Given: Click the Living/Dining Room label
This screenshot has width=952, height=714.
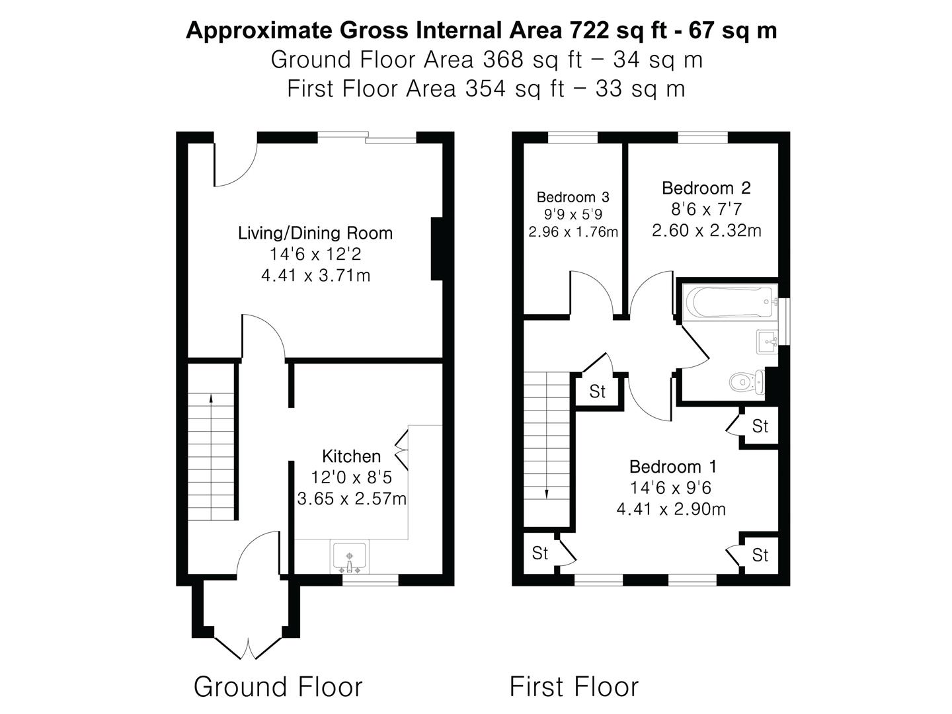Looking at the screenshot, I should [x=315, y=233].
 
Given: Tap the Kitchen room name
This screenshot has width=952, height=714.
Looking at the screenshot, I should [x=351, y=456].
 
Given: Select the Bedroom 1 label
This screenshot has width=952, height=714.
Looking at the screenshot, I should [x=673, y=467].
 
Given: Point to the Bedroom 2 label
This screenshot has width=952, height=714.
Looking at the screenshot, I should [x=706, y=188].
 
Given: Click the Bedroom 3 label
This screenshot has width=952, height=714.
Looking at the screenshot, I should [x=573, y=197].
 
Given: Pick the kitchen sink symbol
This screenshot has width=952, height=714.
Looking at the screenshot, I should [x=350, y=557].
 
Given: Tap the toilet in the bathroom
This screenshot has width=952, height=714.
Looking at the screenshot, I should [x=746, y=381].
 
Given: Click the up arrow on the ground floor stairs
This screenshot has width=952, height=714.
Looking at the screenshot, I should [x=211, y=399].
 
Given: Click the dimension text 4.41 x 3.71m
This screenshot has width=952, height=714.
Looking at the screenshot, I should [x=315, y=276].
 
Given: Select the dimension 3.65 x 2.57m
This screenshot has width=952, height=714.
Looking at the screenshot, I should [x=352, y=499].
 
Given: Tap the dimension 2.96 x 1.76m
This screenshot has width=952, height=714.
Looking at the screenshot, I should [x=573, y=232].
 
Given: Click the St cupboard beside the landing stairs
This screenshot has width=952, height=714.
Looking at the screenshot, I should [x=598, y=391].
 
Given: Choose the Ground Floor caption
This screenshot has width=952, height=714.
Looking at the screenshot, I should [x=278, y=687].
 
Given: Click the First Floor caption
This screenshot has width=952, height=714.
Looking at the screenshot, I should [x=574, y=687].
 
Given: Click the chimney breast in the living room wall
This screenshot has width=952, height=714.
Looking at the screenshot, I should [x=436, y=249].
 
